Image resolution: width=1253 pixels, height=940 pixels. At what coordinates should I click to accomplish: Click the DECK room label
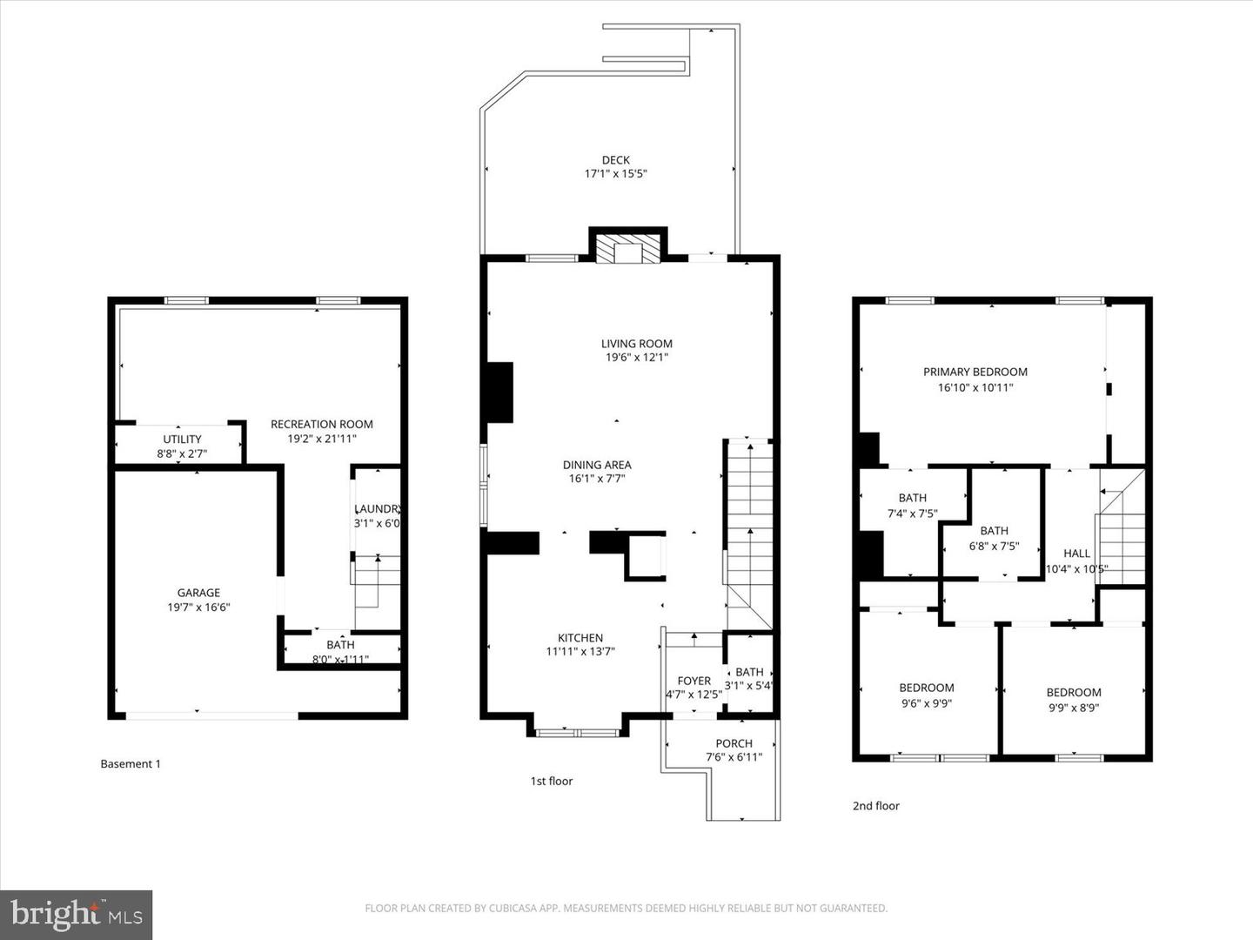click(x=615, y=160)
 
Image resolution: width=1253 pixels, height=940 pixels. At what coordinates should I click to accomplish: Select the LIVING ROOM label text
click(x=636, y=344)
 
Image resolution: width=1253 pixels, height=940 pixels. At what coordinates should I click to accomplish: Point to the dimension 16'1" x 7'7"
click(x=597, y=479)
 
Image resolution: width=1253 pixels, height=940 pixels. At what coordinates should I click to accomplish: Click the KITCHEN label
click(x=580, y=638)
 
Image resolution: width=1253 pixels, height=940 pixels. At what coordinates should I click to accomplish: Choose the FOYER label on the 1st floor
click(x=694, y=681)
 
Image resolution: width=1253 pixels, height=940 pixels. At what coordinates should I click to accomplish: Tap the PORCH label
click(x=734, y=743)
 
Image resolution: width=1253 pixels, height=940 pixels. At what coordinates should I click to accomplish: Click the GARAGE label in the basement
click(x=198, y=593)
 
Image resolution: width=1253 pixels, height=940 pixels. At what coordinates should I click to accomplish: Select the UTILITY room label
click(x=182, y=440)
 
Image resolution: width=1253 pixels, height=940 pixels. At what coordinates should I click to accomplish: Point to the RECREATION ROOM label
click(x=321, y=425)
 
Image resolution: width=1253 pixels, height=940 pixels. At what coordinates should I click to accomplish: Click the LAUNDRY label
click(x=377, y=509)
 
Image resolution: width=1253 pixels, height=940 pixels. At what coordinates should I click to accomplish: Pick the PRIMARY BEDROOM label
click(x=975, y=373)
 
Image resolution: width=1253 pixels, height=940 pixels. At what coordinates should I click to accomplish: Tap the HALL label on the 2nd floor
click(x=1076, y=554)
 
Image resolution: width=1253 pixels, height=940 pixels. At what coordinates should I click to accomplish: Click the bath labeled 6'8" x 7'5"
click(x=994, y=531)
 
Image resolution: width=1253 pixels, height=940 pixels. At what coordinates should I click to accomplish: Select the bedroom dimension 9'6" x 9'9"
click(x=926, y=703)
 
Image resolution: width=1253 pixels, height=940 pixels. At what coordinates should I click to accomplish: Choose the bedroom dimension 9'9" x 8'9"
click(x=1074, y=708)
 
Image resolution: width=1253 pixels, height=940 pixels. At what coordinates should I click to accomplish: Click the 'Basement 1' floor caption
click(x=131, y=764)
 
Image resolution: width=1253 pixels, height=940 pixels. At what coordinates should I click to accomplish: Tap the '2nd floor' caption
click(x=875, y=806)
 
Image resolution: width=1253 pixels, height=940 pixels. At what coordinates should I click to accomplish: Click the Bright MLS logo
click(x=77, y=915)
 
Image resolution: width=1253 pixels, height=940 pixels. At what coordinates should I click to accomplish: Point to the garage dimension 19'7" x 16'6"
click(x=198, y=608)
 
